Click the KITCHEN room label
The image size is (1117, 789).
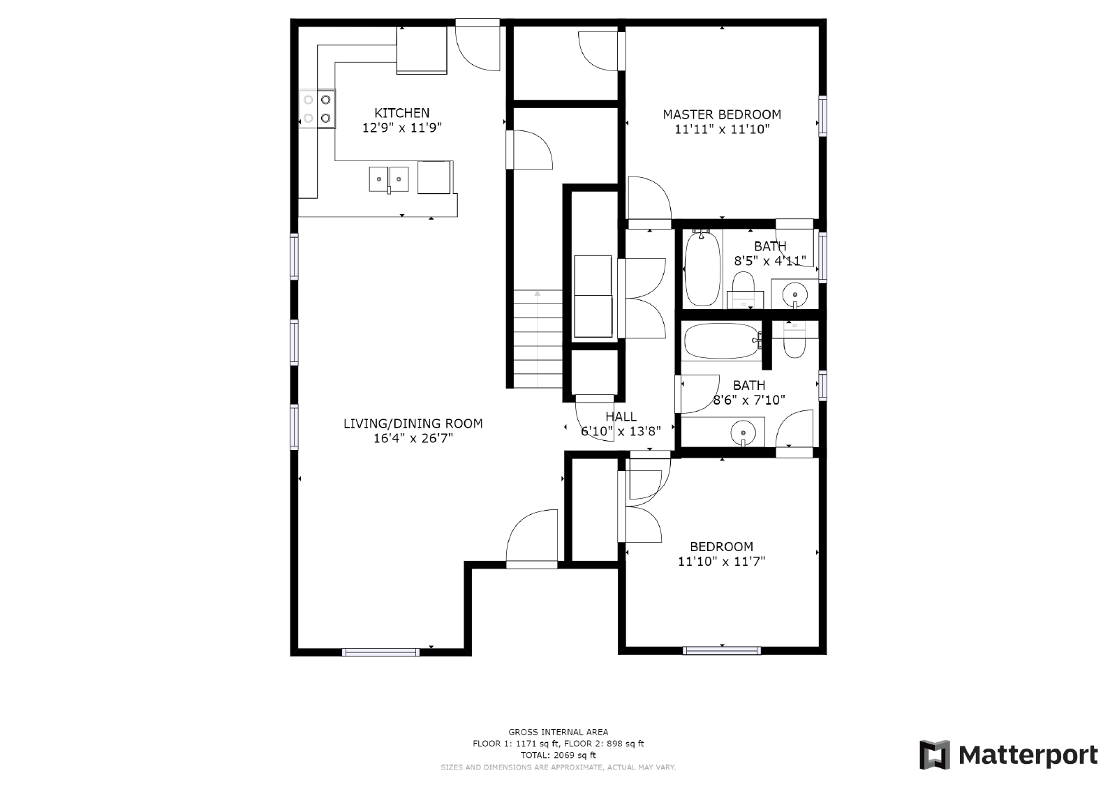[401, 112]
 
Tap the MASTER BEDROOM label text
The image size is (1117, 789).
[722, 114]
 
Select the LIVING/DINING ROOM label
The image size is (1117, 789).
[413, 423]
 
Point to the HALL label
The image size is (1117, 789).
[621, 416]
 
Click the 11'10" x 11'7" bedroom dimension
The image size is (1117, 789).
[721, 561]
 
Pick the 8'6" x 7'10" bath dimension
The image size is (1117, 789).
[748, 400]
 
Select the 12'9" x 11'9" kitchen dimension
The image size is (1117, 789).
[401, 128]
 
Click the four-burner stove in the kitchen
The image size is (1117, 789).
[317, 109]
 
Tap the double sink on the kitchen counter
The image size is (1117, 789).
[388, 179]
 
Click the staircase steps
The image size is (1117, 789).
[537, 338]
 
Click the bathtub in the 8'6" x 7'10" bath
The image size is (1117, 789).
[722, 341]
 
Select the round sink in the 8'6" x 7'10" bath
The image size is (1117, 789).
[743, 432]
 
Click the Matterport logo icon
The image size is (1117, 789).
[935, 755]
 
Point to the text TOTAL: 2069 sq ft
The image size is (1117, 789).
[558, 755]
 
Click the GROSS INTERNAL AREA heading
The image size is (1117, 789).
[558, 732]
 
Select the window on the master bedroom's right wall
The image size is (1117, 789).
[822, 116]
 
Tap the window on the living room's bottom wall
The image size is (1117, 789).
[381, 652]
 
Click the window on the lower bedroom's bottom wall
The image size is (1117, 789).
[722, 650]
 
